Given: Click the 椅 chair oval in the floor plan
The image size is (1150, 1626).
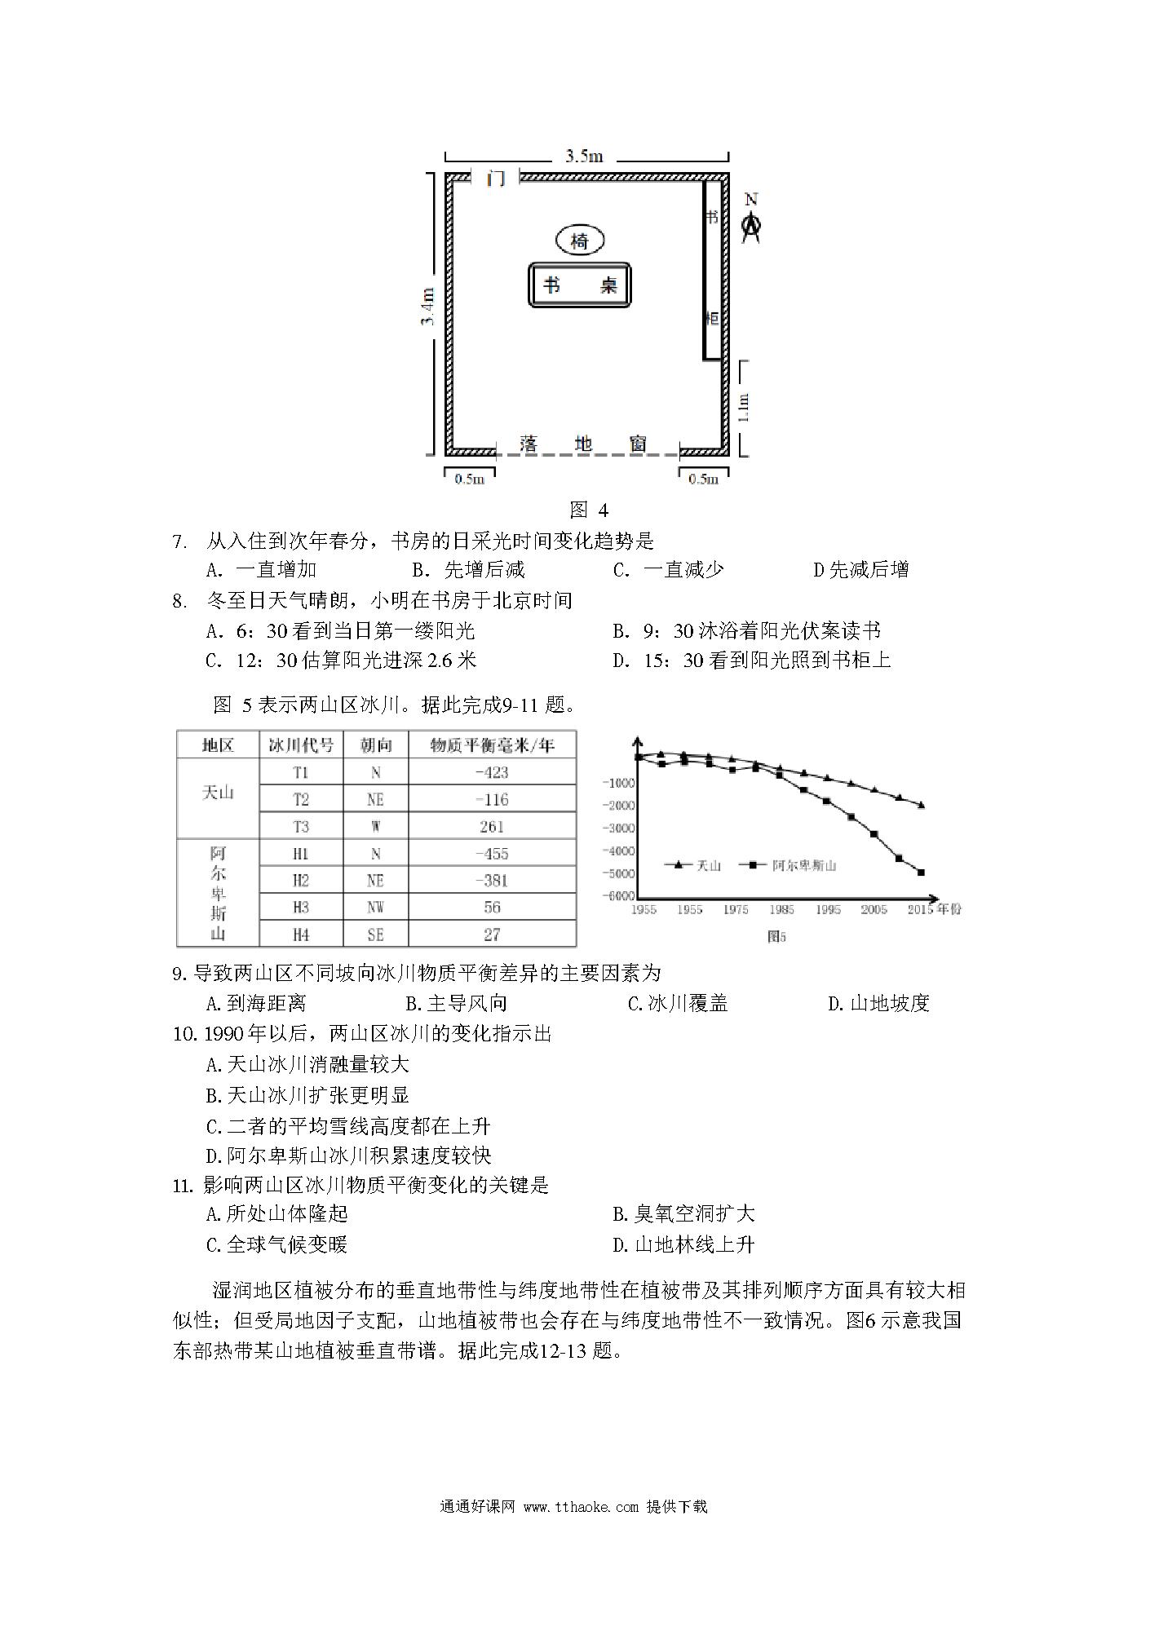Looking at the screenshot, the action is pyautogui.click(x=580, y=241).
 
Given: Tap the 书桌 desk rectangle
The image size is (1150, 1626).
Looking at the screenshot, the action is pyautogui.click(x=579, y=285).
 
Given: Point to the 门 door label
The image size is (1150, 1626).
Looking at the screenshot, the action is pyautogui.click(x=496, y=178).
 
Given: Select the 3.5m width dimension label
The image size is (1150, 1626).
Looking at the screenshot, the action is pyautogui.click(x=584, y=156).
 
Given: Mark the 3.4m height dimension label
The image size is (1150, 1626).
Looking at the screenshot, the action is pyautogui.click(x=428, y=307).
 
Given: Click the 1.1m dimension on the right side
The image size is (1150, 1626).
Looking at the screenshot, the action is pyautogui.click(x=742, y=408).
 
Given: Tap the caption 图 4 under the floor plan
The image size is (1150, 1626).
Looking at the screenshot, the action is pyautogui.click(x=589, y=510).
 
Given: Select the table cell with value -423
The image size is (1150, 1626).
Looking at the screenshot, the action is pyautogui.click(x=492, y=772).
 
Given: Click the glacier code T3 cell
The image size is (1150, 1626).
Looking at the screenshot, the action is pyautogui.click(x=301, y=826).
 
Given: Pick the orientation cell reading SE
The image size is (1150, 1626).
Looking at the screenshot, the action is pyautogui.click(x=375, y=935).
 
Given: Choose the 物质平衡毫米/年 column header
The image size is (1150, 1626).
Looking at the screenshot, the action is pyautogui.click(x=492, y=745).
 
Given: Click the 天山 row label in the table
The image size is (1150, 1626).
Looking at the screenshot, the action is pyautogui.click(x=218, y=793).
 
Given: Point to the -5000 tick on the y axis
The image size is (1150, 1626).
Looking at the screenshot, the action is pyautogui.click(x=618, y=873).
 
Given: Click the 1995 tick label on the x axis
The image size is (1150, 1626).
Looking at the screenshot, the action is pyautogui.click(x=828, y=909).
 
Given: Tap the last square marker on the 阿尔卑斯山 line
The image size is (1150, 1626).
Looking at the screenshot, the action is pyautogui.click(x=921, y=873).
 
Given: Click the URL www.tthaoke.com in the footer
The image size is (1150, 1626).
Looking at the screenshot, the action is pyautogui.click(x=582, y=1506).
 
